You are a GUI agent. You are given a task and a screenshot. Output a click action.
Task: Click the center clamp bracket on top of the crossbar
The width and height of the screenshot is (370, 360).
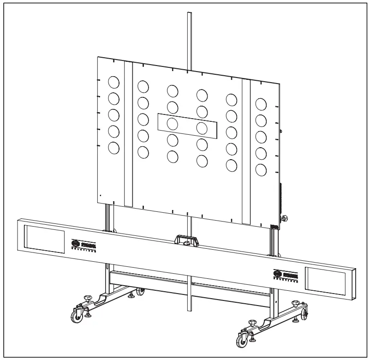186,240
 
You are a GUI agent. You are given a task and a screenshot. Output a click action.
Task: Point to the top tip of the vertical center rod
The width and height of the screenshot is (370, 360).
188,14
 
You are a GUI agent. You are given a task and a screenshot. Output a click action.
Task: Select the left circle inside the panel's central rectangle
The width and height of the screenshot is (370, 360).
173,124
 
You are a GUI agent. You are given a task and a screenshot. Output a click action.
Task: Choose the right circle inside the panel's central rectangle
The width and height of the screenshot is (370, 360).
202,128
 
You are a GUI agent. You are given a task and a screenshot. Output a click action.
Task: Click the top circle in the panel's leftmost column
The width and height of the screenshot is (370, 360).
113,82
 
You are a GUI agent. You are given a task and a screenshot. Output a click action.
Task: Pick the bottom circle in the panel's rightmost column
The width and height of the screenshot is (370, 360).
261,169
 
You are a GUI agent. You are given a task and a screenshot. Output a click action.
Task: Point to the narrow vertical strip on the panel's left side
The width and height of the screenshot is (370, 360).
128,134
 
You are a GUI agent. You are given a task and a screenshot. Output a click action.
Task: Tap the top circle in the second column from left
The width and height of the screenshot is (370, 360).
143,86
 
